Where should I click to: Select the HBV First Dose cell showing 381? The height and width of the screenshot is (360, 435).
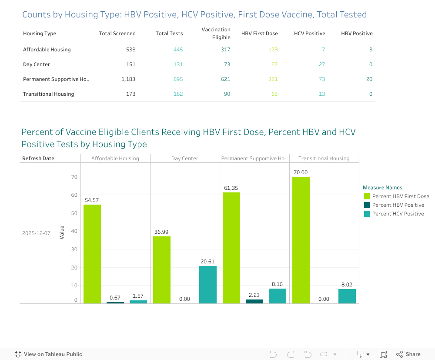point(272,79)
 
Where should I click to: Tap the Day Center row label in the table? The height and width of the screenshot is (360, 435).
point(37,64)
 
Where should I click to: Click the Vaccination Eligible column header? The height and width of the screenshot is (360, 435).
point(216,34)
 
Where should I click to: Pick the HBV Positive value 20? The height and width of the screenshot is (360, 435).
point(369,79)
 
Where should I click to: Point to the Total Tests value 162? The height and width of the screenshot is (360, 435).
point(178,94)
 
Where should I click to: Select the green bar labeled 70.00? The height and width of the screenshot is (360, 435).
point(301,239)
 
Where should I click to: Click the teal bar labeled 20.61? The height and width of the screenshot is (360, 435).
point(208,285)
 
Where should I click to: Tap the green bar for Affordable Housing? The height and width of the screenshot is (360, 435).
point(92,254)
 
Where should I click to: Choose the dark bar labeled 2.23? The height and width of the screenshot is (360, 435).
point(254,301)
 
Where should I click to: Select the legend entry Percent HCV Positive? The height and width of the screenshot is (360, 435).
point(398,214)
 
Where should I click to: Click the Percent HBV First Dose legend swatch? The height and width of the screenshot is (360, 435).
point(367,196)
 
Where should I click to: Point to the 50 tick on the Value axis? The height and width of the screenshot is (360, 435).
point(74,213)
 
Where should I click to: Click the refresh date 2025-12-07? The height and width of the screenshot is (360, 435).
point(36,233)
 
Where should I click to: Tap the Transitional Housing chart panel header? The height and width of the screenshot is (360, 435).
point(324,158)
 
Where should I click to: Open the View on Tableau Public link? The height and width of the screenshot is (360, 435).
point(48,354)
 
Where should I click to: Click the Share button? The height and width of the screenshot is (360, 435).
point(408,354)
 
